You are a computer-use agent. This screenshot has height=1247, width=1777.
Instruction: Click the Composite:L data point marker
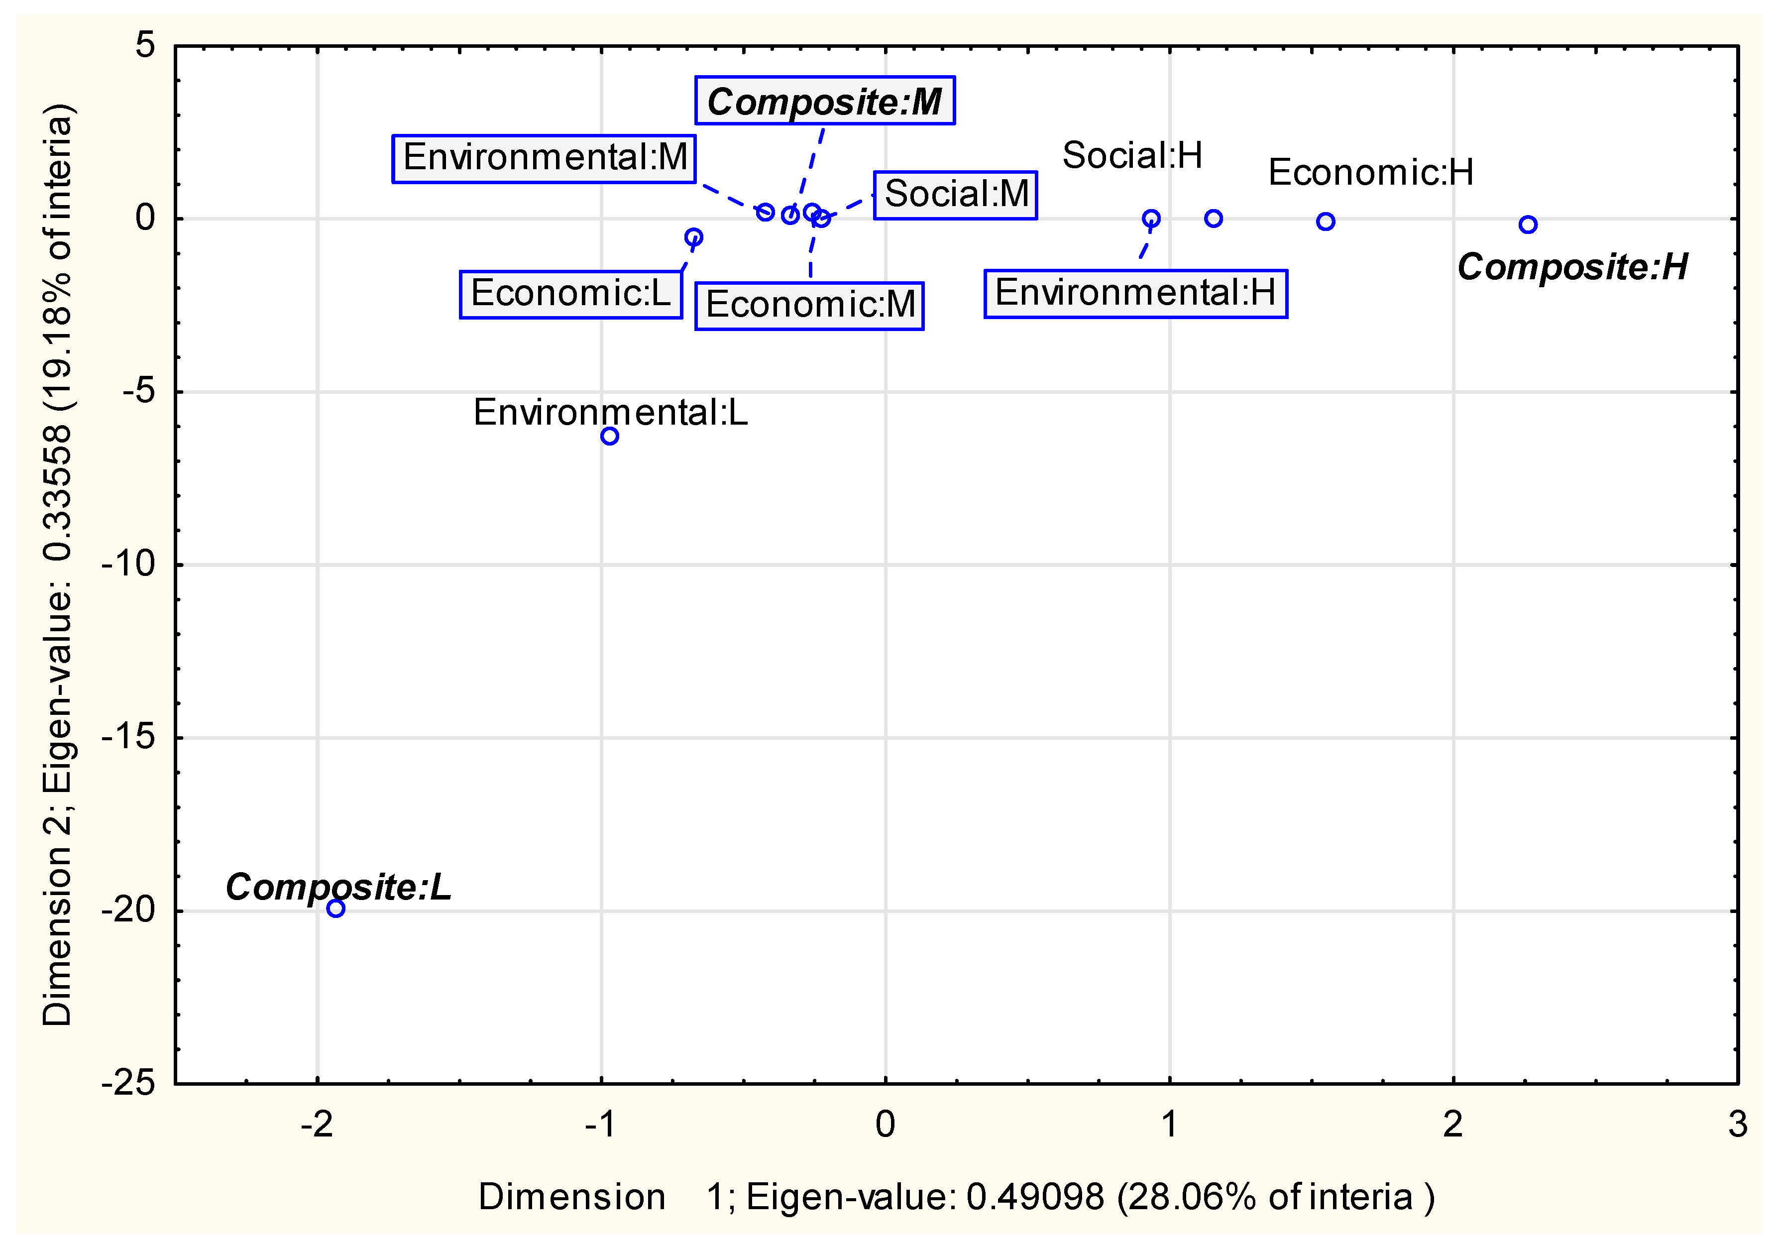(x=335, y=908)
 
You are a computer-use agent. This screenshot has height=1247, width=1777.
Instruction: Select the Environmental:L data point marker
(x=610, y=436)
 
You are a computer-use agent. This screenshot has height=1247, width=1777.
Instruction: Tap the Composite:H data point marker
(x=1528, y=225)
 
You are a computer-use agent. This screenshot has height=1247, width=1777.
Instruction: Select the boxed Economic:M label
(x=809, y=306)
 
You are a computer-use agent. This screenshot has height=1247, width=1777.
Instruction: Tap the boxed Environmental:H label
(x=1135, y=293)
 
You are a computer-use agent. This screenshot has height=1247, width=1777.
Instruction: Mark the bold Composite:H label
(x=1572, y=267)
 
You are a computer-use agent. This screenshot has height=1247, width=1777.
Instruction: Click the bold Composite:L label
(x=338, y=887)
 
